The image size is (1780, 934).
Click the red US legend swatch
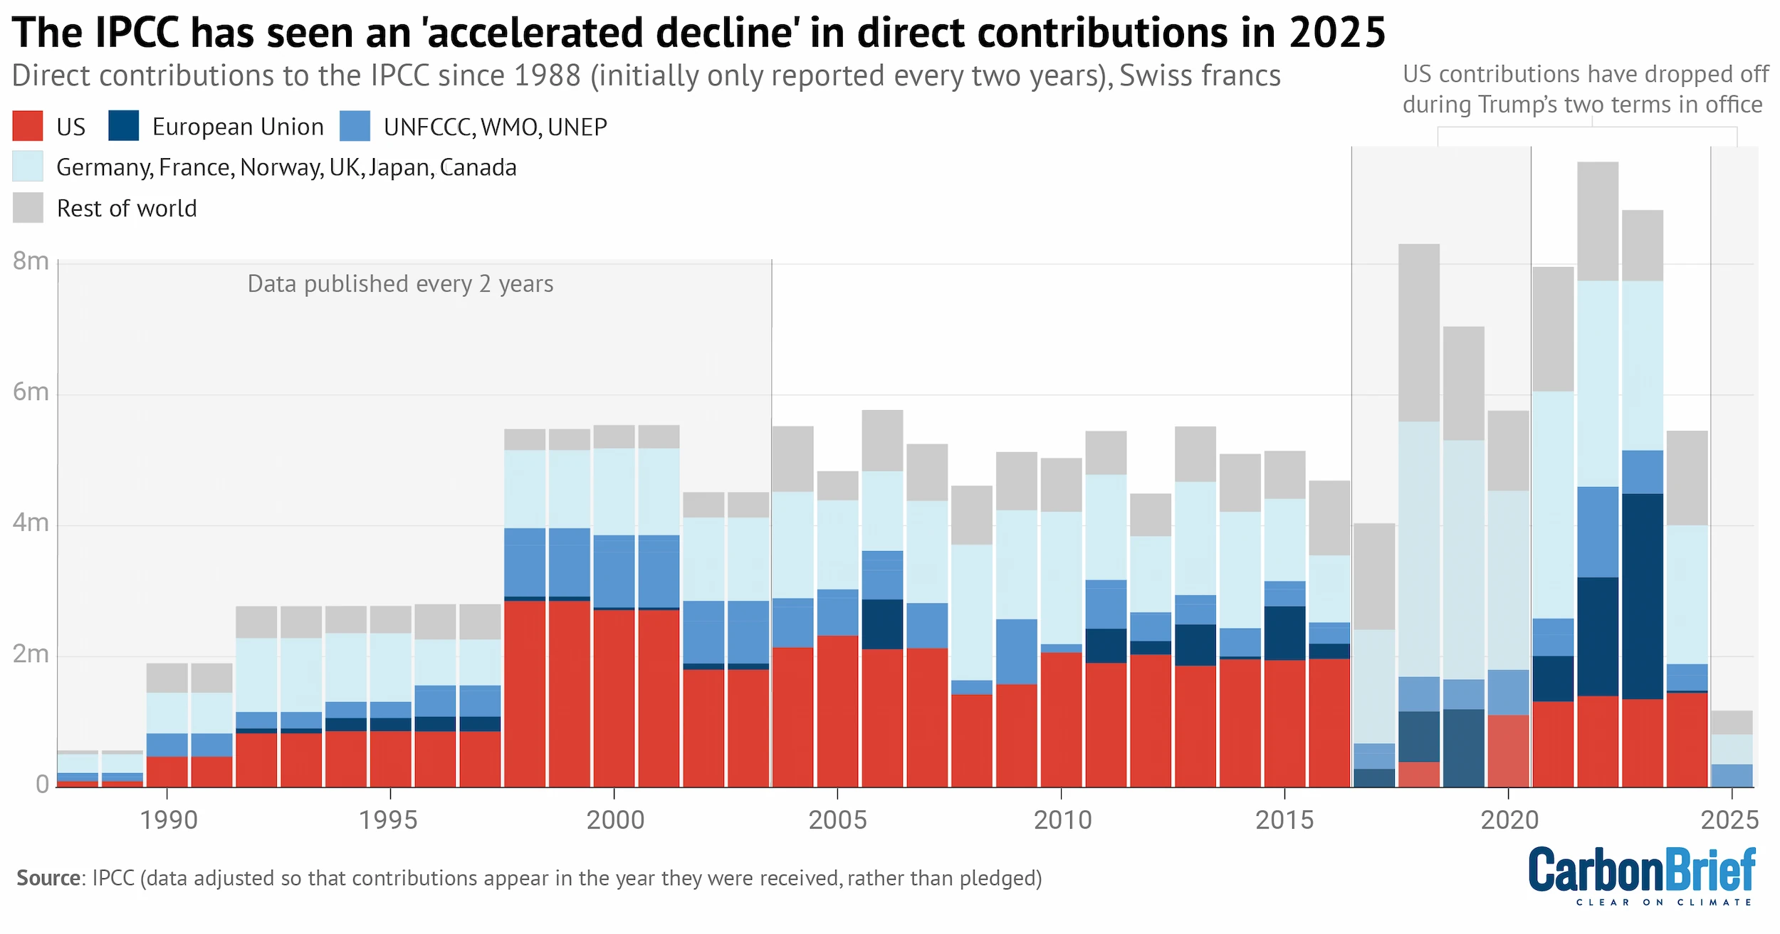click(x=28, y=126)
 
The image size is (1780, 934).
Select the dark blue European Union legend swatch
click(x=123, y=126)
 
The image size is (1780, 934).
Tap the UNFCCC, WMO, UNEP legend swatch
click(x=355, y=126)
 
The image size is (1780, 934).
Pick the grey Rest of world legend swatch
click(x=28, y=208)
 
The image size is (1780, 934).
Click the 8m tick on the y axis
click(x=31, y=262)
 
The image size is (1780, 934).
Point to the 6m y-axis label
click(x=31, y=392)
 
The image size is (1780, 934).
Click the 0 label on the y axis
click(x=42, y=785)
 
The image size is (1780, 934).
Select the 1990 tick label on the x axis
click(x=168, y=820)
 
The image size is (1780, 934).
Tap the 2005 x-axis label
click(x=837, y=820)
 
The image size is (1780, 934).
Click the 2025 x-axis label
click(x=1729, y=820)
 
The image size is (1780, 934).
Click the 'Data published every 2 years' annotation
click(x=400, y=284)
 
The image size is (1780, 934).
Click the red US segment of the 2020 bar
click(x=1508, y=751)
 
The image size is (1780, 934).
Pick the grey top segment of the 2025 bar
click(x=1732, y=723)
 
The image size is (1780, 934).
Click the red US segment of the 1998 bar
click(x=525, y=694)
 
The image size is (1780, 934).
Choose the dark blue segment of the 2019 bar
click(x=1463, y=747)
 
